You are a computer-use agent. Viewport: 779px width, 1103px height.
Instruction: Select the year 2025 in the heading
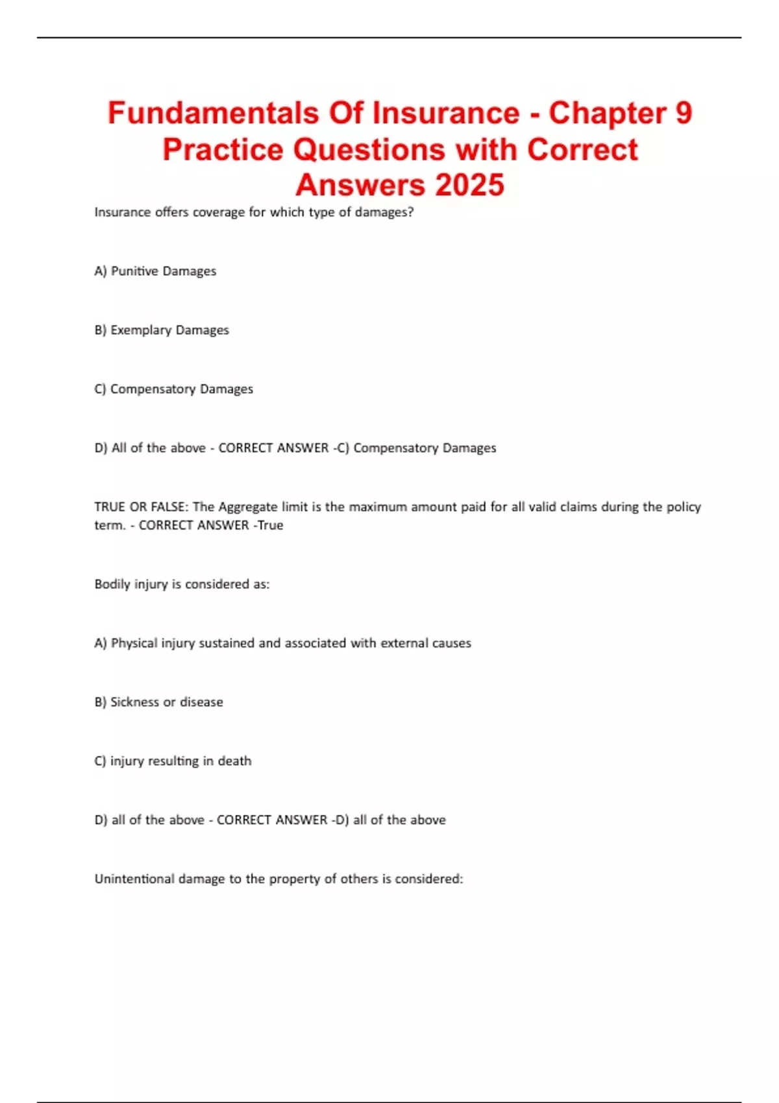tap(469, 185)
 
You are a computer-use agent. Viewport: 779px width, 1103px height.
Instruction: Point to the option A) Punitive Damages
tap(155, 271)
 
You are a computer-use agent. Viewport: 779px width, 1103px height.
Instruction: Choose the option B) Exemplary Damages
tap(162, 330)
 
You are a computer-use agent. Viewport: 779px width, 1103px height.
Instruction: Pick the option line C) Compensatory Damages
tap(173, 389)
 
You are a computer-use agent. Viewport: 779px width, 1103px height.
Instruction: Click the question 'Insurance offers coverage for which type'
tap(254, 212)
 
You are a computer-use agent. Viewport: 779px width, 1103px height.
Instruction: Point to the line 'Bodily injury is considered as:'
tap(182, 584)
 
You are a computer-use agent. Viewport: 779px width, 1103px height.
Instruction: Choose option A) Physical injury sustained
tap(282, 643)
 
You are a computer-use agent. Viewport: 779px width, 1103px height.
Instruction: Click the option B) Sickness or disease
tap(158, 702)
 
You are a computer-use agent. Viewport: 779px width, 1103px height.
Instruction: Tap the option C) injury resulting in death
tap(173, 761)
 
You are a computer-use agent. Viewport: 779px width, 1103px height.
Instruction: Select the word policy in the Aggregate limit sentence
tap(684, 507)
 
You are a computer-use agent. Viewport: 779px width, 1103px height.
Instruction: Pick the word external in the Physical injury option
tap(404, 643)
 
